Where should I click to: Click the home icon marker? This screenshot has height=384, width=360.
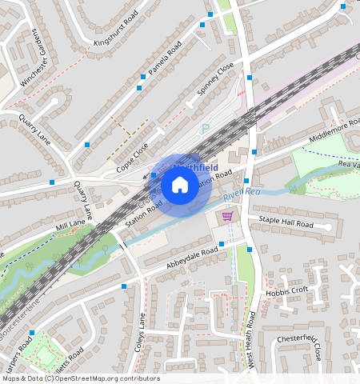coord(180,186)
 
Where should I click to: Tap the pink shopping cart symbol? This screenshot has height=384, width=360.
coord(228,217)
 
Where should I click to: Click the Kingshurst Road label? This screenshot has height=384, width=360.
coord(116,29)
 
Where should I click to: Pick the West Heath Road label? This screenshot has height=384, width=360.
coord(252,328)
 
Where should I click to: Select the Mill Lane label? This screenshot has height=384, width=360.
coord(70,225)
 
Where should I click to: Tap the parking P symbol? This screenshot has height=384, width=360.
coord(205,128)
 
